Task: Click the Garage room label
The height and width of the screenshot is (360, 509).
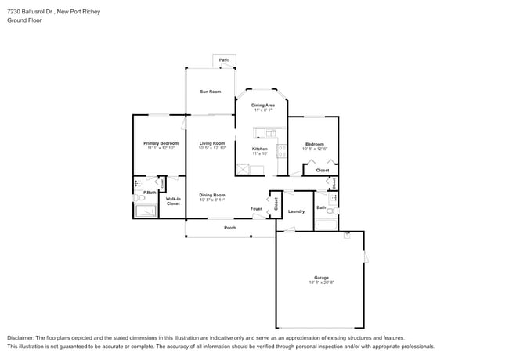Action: (321, 278)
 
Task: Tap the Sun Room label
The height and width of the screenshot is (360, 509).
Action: (210, 92)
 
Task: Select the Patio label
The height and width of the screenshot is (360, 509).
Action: (225, 59)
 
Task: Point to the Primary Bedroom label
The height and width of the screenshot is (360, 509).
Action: (161, 143)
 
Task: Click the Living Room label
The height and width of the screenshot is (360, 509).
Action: (211, 143)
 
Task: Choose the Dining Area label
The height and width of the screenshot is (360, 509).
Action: (262, 105)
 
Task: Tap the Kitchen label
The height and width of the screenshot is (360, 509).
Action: (259, 149)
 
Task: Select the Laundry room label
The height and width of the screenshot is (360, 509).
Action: (296, 211)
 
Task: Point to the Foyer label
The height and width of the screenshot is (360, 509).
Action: (256, 209)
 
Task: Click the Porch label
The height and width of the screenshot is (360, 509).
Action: (230, 228)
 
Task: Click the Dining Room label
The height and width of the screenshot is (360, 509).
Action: (211, 195)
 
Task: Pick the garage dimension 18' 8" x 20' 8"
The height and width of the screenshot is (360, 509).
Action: (321, 283)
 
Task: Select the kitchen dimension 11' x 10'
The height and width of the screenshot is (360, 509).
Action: (259, 153)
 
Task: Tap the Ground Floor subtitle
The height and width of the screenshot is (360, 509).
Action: (24, 20)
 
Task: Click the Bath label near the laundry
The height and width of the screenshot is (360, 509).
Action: (321, 207)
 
